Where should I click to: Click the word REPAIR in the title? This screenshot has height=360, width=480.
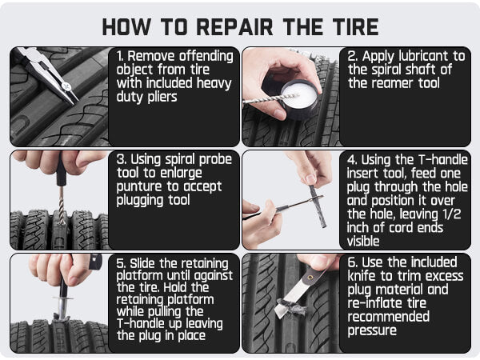234,27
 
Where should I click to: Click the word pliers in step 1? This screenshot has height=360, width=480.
162,98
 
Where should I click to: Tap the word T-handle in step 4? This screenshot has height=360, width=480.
442,159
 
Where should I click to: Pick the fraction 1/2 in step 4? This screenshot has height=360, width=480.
452,214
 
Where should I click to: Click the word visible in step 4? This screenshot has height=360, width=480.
363,242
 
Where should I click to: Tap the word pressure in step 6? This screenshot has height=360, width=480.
372,331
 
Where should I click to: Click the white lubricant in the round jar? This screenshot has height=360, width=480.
299,94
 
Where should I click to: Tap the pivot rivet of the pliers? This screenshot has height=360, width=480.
66,86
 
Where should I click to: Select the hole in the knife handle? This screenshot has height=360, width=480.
310,278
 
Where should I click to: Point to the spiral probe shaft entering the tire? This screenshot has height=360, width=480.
62,206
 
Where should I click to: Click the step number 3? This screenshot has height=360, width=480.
122,159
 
